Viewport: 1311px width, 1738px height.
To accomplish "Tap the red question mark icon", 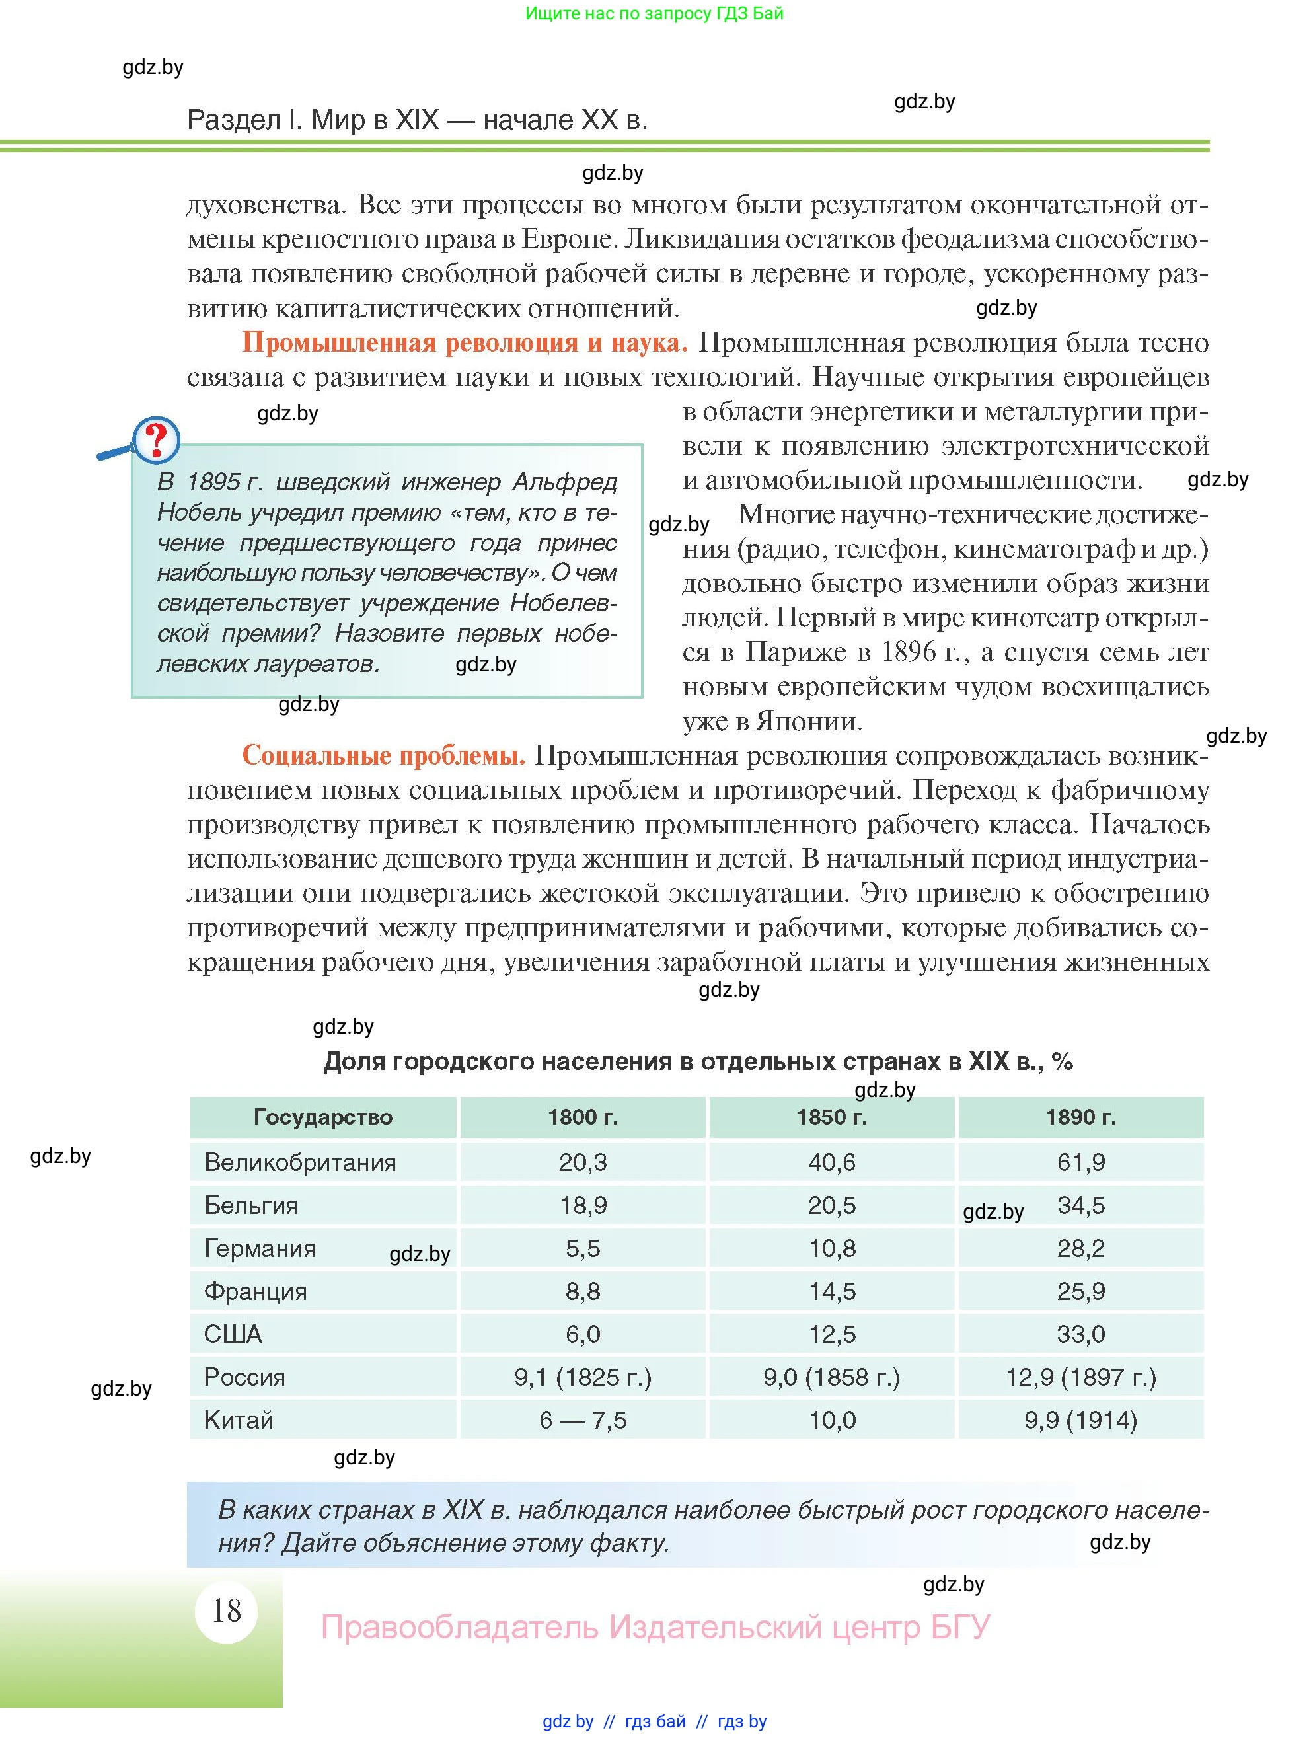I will [x=157, y=440].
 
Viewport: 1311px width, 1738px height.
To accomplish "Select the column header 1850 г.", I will [x=831, y=1117].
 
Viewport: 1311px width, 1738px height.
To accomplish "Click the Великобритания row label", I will [x=299, y=1162].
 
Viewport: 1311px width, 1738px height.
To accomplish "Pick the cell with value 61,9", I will [x=1080, y=1162].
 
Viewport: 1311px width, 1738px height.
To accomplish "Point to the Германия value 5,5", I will [x=582, y=1248].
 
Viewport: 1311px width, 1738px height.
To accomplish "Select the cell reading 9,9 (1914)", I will [x=1080, y=1419].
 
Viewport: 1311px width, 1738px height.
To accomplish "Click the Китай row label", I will [x=238, y=1419].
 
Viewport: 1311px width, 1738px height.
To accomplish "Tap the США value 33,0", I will [x=1080, y=1334].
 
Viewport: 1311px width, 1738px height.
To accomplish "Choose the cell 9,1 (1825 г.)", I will [x=582, y=1377].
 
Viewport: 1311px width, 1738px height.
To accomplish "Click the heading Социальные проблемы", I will [x=383, y=755].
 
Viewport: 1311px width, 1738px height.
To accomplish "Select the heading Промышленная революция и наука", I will [x=465, y=342].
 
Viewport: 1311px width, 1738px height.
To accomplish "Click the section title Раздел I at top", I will [x=416, y=120].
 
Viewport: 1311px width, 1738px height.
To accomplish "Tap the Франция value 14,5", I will [x=831, y=1291].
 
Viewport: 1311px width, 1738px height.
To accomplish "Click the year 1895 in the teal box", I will [x=215, y=482].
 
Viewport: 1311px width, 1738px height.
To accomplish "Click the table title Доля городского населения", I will [x=698, y=1061].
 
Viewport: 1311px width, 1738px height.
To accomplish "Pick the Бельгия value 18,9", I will [x=582, y=1205].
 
